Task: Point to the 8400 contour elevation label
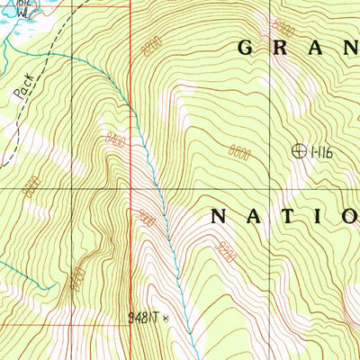114,138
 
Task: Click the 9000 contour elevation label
148,217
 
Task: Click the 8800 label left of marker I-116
239,153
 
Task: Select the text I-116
321,153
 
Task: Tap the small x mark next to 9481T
166,317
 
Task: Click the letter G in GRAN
247,48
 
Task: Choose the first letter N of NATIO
220,216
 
